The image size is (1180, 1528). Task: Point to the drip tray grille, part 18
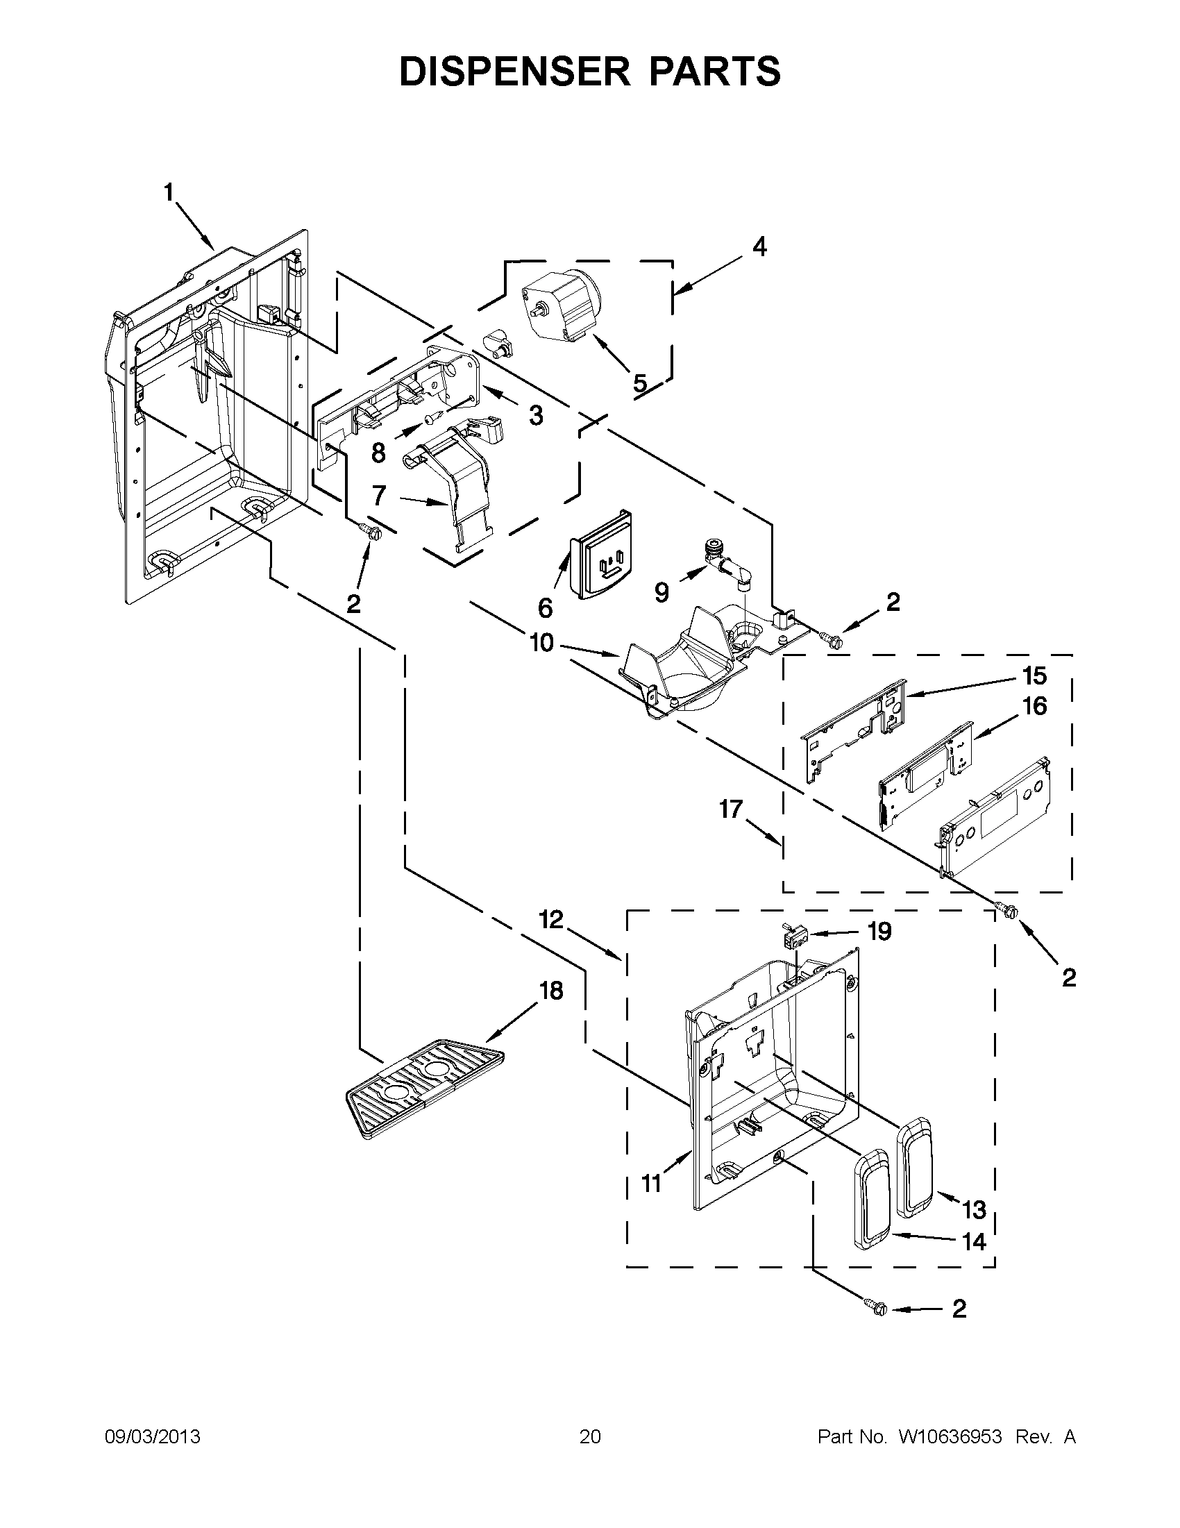[423, 1096]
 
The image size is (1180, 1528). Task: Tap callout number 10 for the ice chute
[541, 642]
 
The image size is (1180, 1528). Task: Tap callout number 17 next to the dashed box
[730, 809]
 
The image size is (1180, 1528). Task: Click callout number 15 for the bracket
[1034, 676]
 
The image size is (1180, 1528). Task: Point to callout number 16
[1034, 706]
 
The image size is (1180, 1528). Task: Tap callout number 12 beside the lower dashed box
[551, 919]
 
